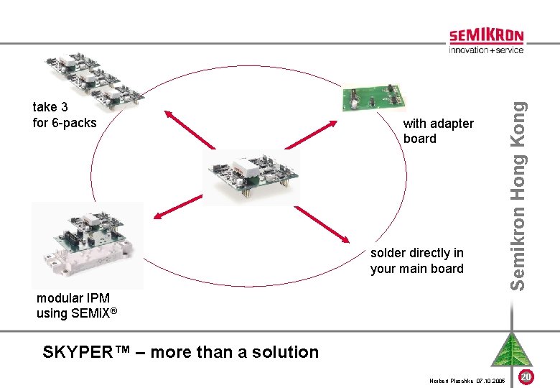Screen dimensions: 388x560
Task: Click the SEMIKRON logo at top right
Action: [486, 36]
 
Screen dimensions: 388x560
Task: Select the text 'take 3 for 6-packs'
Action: [65, 115]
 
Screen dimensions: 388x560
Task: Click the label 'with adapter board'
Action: [438, 131]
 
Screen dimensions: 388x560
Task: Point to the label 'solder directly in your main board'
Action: [416, 261]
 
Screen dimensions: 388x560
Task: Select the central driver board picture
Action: [246, 173]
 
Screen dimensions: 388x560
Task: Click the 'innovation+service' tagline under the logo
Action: [486, 50]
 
